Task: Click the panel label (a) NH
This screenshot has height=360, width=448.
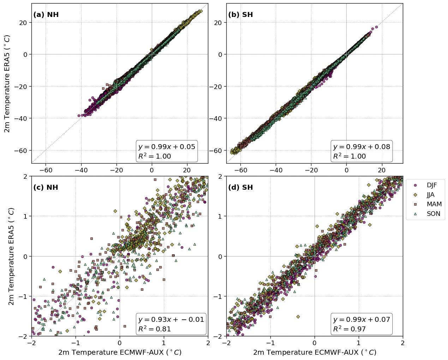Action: [46, 15]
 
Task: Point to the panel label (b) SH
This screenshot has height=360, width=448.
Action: [240, 15]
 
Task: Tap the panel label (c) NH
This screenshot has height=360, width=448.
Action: [46, 188]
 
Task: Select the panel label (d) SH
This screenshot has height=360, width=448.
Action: [240, 188]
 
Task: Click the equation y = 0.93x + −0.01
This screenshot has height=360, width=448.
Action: [171, 320]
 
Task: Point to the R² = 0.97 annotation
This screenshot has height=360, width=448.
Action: [349, 329]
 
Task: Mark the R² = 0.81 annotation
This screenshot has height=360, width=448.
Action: [154, 329]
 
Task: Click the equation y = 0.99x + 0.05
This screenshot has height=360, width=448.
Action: [167, 147]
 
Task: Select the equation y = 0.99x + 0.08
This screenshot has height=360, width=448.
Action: [362, 147]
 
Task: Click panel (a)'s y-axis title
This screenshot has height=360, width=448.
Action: [7, 83]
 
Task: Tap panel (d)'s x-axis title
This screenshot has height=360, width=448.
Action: [315, 353]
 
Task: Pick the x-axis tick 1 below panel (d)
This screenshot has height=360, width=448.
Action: [359, 343]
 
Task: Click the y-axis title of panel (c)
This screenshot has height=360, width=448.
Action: [11, 256]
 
